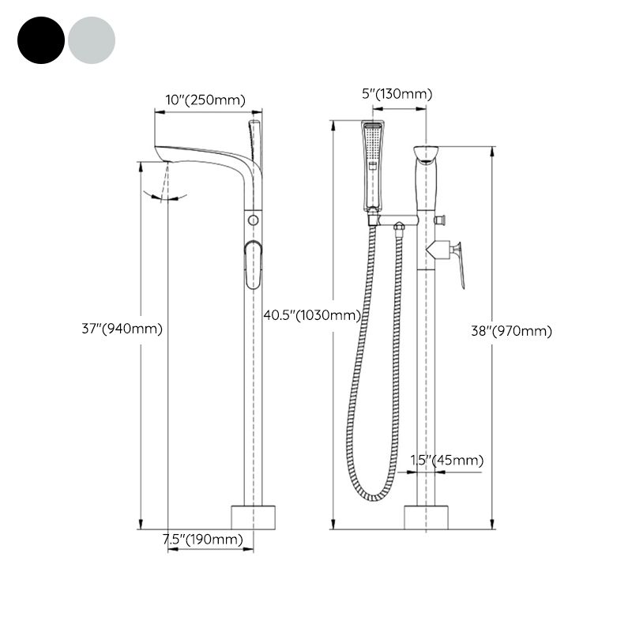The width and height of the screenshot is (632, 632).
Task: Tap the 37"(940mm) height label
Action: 122,329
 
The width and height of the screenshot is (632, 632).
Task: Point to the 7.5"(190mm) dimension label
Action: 202,540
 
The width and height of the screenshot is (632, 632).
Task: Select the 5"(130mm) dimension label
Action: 397,94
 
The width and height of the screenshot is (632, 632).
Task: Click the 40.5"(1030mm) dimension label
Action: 311,314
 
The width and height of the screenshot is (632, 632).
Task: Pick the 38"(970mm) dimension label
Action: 511,331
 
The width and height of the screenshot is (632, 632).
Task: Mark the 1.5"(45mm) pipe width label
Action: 446,460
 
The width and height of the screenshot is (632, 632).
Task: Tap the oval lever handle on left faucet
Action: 253,265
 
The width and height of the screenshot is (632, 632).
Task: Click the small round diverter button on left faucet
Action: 253,219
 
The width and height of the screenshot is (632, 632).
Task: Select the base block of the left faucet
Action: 254,517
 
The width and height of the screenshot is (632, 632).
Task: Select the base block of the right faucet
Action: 427,517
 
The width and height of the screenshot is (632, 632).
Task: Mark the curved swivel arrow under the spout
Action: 166,196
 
